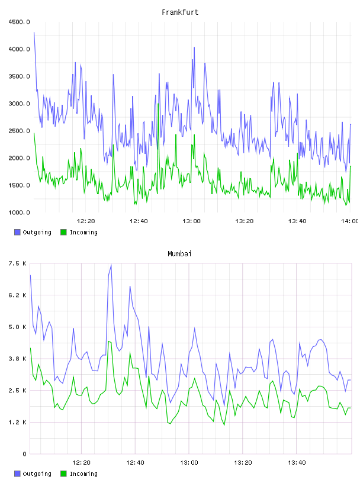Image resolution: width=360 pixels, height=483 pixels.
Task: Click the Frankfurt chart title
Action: tap(180, 12)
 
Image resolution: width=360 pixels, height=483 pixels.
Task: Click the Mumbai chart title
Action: tap(179, 254)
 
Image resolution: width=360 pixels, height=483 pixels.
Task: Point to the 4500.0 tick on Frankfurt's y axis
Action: tap(19, 22)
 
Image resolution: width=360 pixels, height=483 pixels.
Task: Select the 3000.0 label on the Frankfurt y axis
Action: tap(19, 104)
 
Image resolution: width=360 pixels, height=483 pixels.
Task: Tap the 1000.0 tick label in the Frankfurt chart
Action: tap(19, 212)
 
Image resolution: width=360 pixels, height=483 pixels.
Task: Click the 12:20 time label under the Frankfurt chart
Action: tap(86, 221)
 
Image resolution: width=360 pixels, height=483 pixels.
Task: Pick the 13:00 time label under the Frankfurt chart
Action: tap(191, 221)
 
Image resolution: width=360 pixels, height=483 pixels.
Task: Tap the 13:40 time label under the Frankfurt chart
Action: tap(297, 221)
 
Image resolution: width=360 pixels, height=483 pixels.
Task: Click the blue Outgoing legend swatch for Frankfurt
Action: tap(17, 232)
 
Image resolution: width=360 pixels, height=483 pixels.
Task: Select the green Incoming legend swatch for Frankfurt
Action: tap(63, 232)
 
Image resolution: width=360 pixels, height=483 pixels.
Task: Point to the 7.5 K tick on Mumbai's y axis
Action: tap(17, 263)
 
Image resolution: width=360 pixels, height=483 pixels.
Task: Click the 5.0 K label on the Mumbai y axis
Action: tap(17, 327)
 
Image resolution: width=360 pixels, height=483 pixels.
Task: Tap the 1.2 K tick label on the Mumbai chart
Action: tap(17, 422)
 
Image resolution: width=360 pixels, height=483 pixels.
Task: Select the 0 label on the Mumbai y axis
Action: tap(24, 454)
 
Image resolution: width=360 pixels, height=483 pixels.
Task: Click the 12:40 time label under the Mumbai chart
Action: tap(135, 463)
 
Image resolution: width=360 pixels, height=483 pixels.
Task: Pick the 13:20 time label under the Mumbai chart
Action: tap(243, 463)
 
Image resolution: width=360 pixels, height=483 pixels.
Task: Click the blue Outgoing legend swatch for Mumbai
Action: tap(17, 474)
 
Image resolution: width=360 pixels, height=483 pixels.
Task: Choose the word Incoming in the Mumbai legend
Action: tap(83, 474)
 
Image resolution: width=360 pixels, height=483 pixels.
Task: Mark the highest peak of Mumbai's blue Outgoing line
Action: tap(111, 265)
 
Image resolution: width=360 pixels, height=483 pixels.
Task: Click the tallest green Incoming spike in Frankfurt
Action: tap(158, 104)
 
